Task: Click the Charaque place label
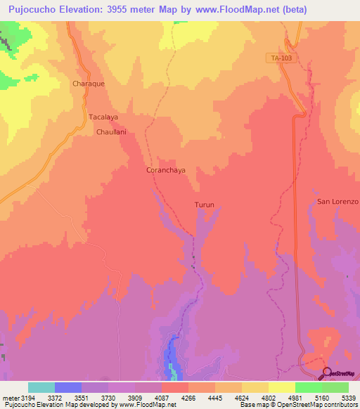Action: pos(89,83)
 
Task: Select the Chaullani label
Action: pos(111,131)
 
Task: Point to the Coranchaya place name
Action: pos(165,170)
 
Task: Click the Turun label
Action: pos(204,205)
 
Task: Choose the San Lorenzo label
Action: pos(337,202)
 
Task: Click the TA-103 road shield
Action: pos(280,58)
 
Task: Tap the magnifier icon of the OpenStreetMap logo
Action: pos(326,373)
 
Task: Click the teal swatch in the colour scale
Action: pos(41,387)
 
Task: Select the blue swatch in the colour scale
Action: pos(68,387)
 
